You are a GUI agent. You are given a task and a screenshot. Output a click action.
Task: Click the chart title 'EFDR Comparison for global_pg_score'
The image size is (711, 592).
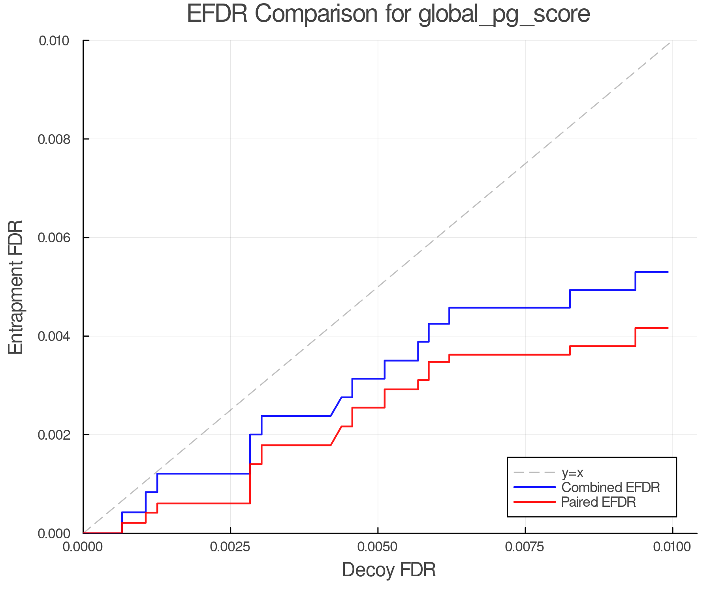point(388,14)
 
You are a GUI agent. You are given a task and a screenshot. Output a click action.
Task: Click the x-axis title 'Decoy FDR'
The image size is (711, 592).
point(389,570)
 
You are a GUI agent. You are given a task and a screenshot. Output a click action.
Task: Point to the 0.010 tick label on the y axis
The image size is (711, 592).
point(54,41)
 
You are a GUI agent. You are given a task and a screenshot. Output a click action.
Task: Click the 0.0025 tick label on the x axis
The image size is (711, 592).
point(231,547)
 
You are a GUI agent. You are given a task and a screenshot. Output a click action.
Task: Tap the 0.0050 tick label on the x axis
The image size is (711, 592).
point(378,547)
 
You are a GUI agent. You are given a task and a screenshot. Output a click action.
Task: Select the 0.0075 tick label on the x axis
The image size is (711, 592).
point(525,547)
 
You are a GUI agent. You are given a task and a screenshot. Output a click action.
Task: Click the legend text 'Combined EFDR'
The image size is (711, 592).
point(611,487)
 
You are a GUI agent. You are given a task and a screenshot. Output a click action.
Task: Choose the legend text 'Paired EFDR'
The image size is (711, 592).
point(598,502)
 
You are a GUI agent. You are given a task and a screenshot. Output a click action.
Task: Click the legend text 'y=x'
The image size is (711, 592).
point(573,472)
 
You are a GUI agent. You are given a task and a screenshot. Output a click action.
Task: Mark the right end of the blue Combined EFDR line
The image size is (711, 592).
point(668,272)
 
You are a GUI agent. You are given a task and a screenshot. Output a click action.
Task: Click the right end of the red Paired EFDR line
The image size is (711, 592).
point(668,328)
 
